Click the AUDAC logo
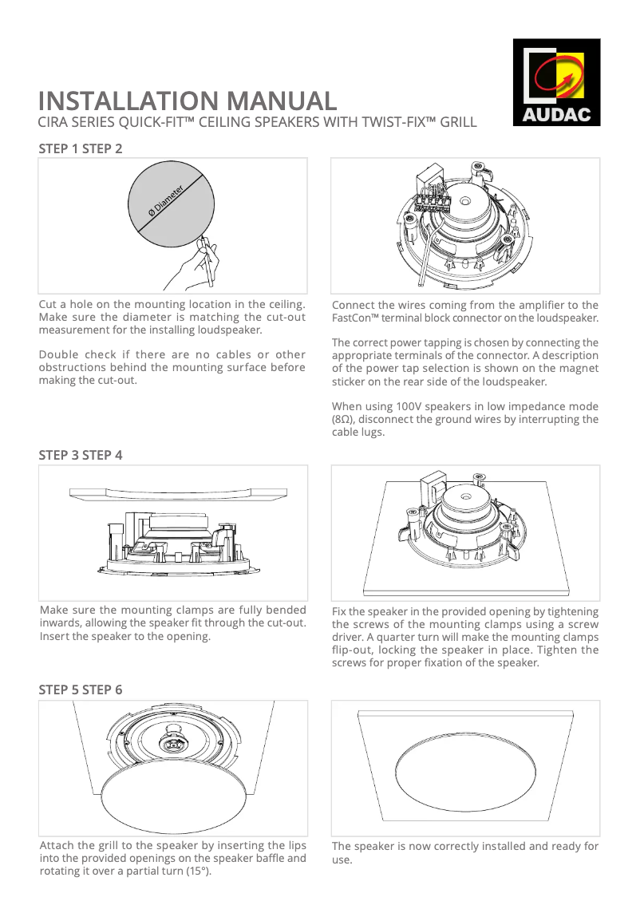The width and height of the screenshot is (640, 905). (x=556, y=83)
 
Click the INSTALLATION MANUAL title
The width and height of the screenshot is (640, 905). (x=188, y=101)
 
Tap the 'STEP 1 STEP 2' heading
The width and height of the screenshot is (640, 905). (x=81, y=148)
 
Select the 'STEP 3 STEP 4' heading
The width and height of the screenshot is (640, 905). (x=81, y=455)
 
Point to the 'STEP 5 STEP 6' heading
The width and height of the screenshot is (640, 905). (x=81, y=690)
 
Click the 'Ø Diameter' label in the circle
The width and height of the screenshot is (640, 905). (x=167, y=201)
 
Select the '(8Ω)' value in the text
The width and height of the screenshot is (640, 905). (x=343, y=419)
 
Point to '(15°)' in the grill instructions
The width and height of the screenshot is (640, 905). (x=198, y=871)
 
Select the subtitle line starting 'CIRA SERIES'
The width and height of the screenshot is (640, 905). (x=258, y=122)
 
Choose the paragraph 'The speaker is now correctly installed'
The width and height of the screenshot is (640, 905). (x=464, y=852)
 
